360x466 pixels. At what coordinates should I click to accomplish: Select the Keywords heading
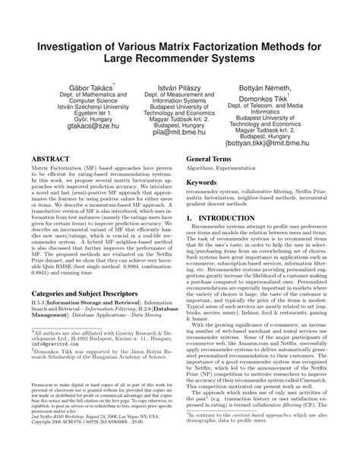click(204, 183)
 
